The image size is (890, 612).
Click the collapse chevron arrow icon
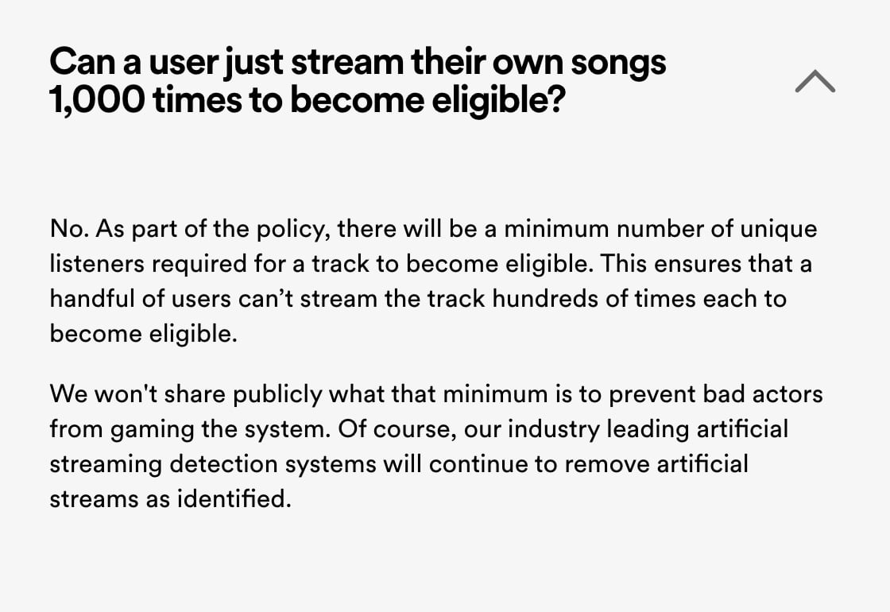815,81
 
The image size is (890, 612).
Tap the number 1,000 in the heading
97,99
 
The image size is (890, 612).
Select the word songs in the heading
618,64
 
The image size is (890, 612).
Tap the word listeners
97,264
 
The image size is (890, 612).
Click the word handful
92,299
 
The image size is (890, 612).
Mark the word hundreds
545,299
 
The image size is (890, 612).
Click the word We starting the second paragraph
68,394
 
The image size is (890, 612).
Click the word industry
553,430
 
